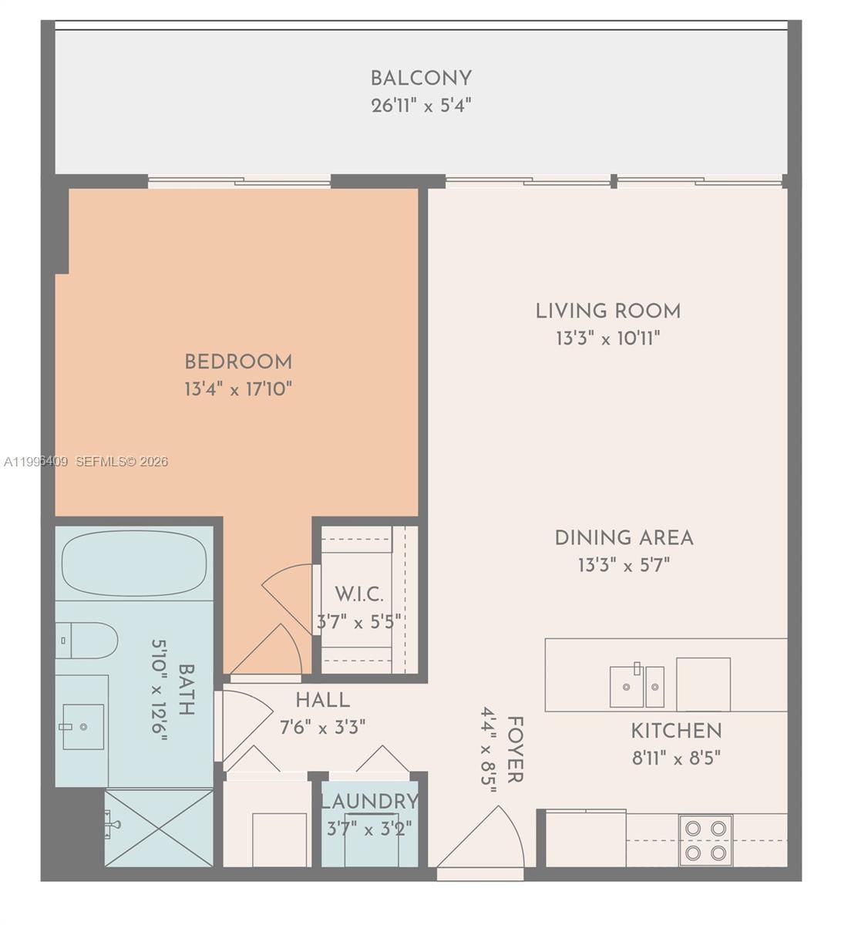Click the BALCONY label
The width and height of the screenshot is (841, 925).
click(420, 78)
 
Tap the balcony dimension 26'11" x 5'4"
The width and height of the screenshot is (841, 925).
click(420, 106)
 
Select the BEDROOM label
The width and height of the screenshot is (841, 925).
click(238, 362)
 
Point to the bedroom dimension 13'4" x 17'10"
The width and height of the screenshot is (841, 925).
click(238, 388)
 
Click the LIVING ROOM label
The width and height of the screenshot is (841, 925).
click(608, 311)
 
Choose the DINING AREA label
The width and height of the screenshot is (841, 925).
click(624, 538)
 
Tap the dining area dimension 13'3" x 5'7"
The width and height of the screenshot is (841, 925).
click(624, 565)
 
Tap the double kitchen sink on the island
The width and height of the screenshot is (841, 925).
click(637, 686)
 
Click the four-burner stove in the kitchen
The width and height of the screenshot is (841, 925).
click(705, 840)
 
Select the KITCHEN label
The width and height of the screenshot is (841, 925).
click(676, 731)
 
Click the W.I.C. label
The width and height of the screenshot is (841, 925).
click(358, 594)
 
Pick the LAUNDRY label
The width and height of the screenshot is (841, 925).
click(369, 802)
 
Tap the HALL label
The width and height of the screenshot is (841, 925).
click(322, 700)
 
